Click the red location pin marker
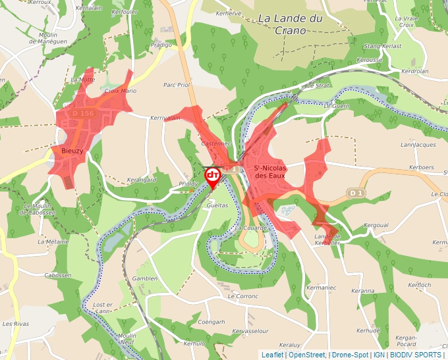[x=213, y=176]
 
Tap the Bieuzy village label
[x=72, y=151]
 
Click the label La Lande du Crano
[x=291, y=24]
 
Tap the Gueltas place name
[x=217, y=205]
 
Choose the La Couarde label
[x=252, y=228]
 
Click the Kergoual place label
[x=376, y=225]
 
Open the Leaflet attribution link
[x=273, y=355]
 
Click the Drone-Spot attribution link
[x=350, y=355]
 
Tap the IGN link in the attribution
[x=379, y=355]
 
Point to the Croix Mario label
[x=121, y=91]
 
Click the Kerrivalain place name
[x=165, y=118]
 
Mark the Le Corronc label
[x=243, y=297]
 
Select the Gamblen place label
[x=144, y=278]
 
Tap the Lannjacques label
[x=418, y=145]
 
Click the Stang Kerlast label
[x=383, y=46]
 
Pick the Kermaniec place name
[x=322, y=288]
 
